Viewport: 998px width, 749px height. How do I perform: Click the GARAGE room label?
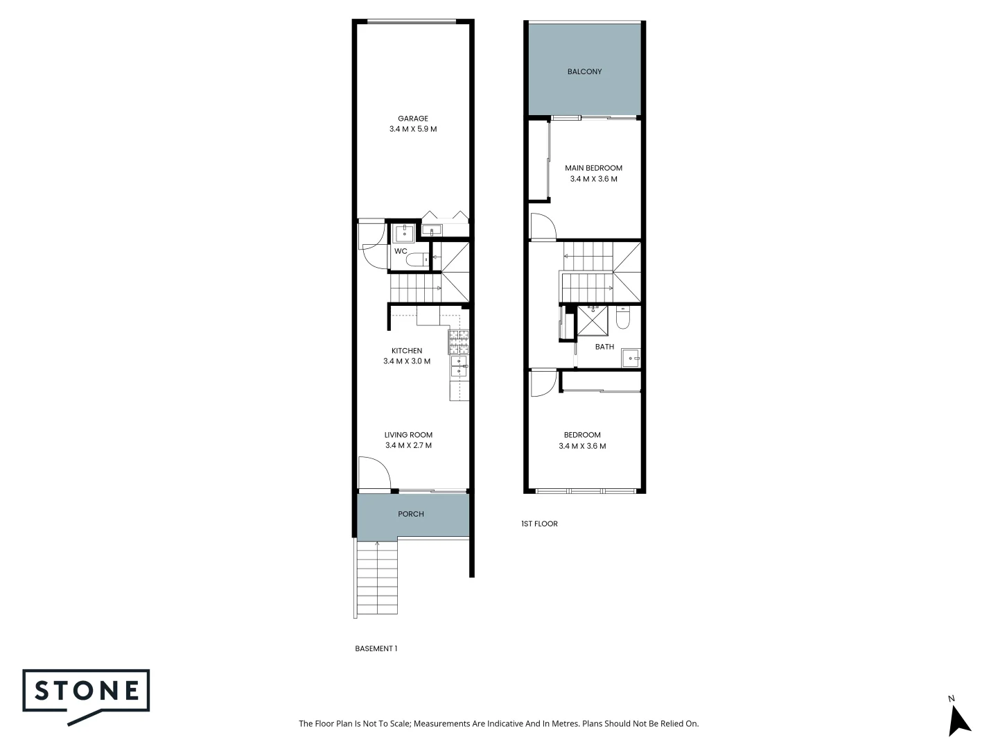pyautogui.click(x=412, y=119)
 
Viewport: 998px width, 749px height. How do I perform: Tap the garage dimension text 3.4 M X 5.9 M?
pyautogui.click(x=412, y=129)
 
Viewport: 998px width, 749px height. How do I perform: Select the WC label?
pyautogui.click(x=401, y=251)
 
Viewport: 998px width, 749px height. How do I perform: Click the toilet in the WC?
pyautogui.click(x=417, y=260)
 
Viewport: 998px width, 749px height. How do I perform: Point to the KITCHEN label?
pyautogui.click(x=407, y=351)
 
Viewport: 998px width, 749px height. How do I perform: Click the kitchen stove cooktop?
pyautogui.click(x=459, y=341)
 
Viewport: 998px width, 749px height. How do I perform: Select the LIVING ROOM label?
pyautogui.click(x=408, y=435)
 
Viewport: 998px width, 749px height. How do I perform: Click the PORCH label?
pyautogui.click(x=411, y=514)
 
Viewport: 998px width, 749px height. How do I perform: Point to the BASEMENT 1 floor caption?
pyautogui.click(x=376, y=648)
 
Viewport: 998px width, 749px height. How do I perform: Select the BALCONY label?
pyautogui.click(x=584, y=71)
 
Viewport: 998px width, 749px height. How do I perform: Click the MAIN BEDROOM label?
pyautogui.click(x=593, y=168)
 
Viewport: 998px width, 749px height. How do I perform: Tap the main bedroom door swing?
pyautogui.click(x=543, y=227)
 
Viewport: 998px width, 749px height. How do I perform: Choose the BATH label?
pyautogui.click(x=604, y=347)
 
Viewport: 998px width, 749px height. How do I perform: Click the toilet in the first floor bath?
pyautogui.click(x=622, y=318)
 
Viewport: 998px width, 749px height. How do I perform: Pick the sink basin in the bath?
pyautogui.click(x=630, y=358)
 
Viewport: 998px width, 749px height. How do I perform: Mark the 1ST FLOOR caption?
pyautogui.click(x=539, y=524)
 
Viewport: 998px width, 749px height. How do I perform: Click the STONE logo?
pyautogui.click(x=87, y=691)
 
